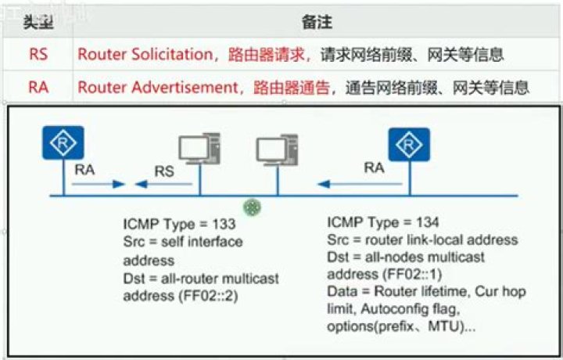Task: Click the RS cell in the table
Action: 38,55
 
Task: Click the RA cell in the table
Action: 38,87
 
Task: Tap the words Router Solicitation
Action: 145,55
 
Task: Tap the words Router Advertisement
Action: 156,87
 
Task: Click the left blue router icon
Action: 63,142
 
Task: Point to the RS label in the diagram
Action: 163,171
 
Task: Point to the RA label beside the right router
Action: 375,167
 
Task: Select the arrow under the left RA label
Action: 99,185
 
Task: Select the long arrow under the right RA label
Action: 360,185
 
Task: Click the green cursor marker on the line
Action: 252,207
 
